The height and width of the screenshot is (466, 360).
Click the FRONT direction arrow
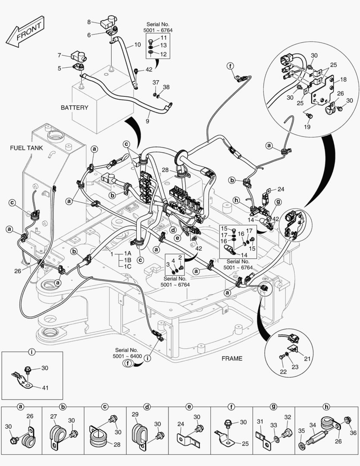point(25,34)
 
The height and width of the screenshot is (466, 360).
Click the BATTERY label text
point(74,107)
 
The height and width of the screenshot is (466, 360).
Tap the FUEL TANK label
point(26,148)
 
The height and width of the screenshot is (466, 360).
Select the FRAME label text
point(232,358)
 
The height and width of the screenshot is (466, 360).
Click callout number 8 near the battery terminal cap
point(89,22)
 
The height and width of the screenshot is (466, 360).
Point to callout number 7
point(59,55)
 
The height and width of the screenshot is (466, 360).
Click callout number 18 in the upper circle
point(343,79)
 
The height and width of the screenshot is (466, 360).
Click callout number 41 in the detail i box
point(45,387)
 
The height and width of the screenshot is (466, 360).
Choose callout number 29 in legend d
point(135,415)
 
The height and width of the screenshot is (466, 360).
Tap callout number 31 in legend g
point(260,422)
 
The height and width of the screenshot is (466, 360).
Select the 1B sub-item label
point(127,260)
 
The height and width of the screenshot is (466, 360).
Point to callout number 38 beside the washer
point(166,87)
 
